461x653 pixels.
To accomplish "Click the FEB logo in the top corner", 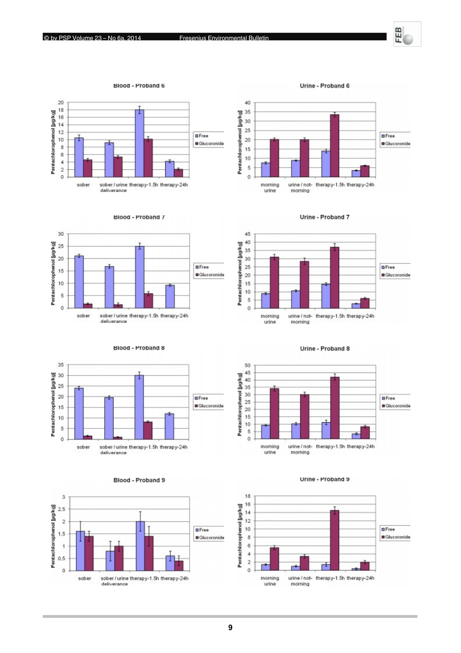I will coord(407,34).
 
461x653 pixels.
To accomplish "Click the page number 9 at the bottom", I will coord(230,628).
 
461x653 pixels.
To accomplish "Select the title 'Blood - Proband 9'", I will coord(139,480).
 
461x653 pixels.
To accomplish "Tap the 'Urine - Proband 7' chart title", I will coord(324,217).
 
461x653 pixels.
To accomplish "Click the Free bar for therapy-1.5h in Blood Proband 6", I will coord(139,144).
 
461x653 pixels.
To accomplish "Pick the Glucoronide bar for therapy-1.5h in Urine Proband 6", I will coord(335,146).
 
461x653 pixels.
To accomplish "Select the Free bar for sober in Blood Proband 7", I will coord(79,282).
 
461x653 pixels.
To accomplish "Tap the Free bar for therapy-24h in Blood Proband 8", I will coord(169,426).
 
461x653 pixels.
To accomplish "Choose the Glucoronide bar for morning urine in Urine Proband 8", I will coord(274,414).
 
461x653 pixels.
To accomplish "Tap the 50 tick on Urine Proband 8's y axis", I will coord(248,365).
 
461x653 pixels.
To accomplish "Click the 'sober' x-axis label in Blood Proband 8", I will coord(83,447).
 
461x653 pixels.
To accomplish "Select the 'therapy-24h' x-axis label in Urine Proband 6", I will coord(360,185).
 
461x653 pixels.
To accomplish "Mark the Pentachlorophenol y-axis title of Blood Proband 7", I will coord(53,274).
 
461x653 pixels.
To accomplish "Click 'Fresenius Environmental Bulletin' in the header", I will coord(224,38).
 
